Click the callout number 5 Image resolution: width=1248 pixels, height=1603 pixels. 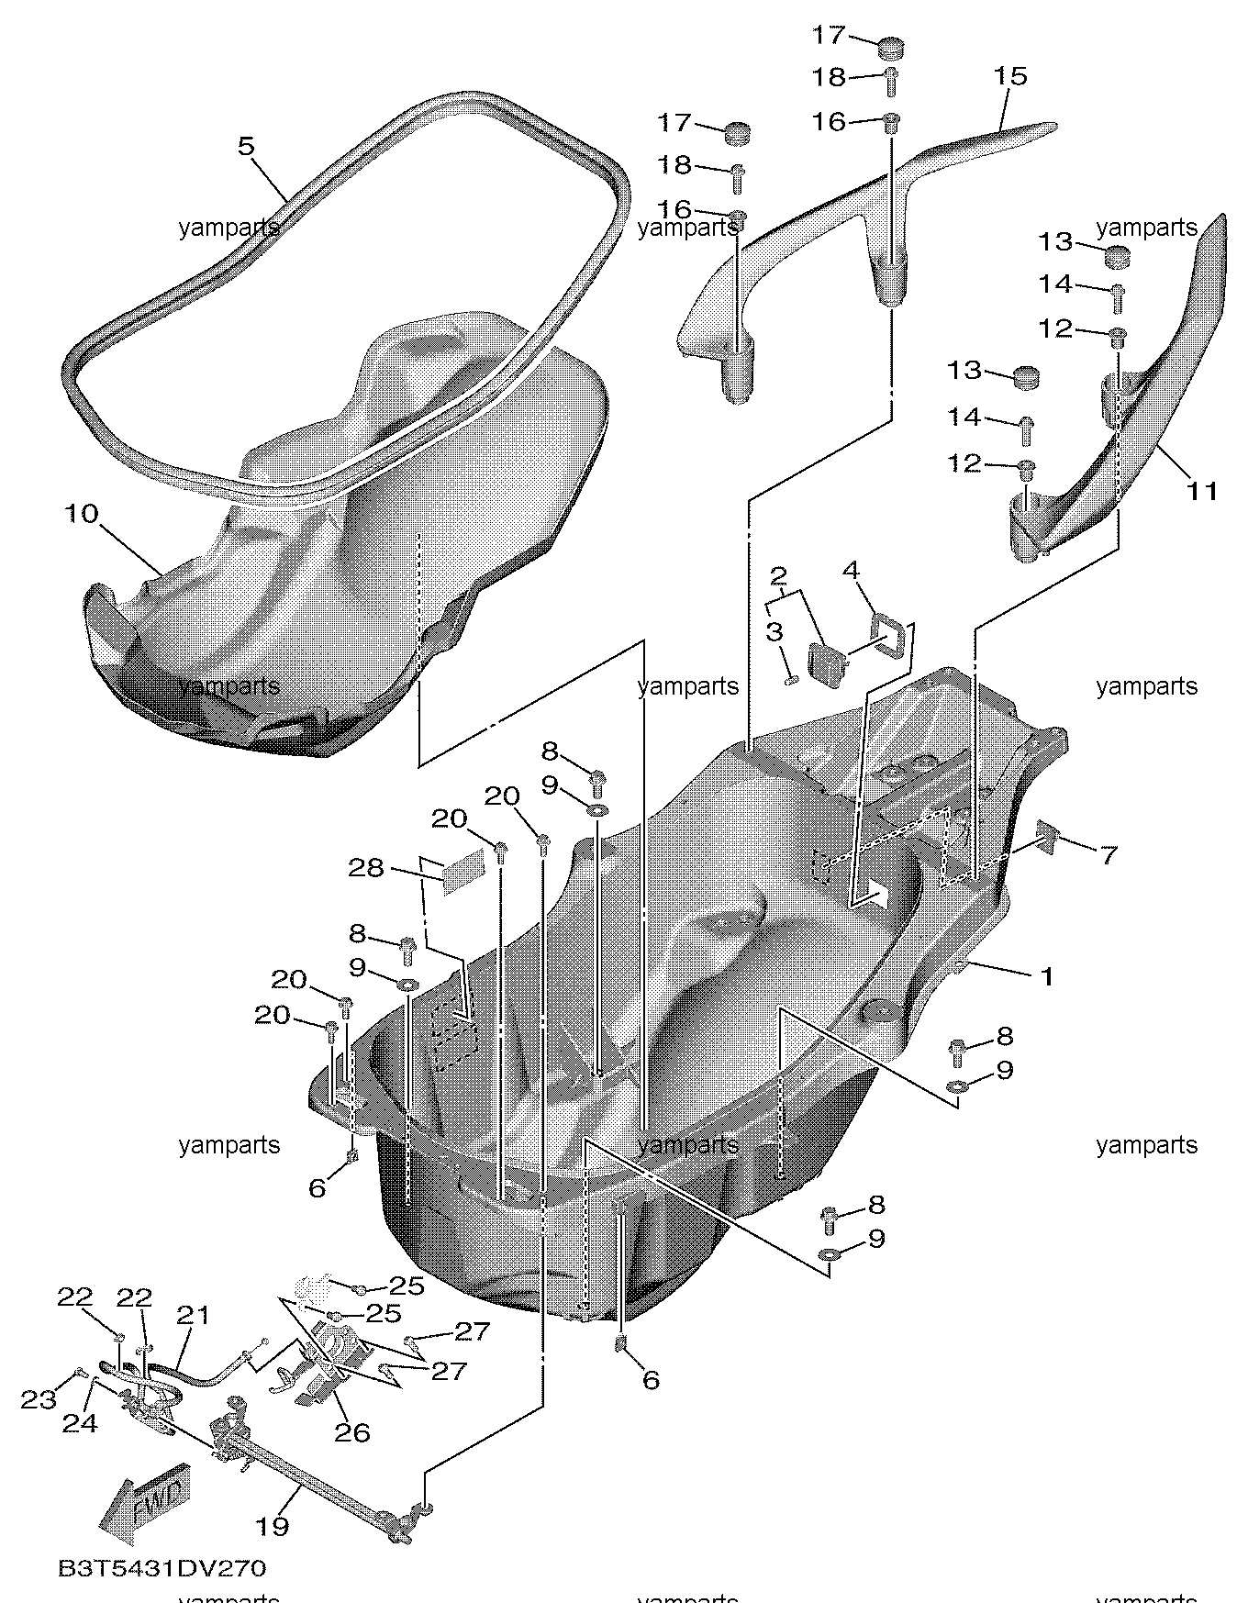246,147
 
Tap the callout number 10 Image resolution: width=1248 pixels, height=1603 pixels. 81,514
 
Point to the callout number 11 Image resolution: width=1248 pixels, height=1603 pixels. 1202,492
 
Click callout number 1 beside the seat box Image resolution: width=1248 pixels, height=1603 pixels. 1046,977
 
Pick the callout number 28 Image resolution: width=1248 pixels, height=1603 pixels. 366,867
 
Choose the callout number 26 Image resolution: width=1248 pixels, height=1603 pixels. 353,1431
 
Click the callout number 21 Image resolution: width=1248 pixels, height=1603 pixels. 194,1315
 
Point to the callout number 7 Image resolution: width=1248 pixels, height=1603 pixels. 1109,855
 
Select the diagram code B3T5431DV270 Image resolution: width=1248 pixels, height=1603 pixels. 162,1568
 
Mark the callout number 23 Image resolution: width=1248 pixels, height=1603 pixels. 39,1400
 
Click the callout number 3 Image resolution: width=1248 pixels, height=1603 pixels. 774,631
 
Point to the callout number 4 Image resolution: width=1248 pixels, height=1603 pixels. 851,571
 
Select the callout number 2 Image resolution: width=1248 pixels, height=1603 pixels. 778,576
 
